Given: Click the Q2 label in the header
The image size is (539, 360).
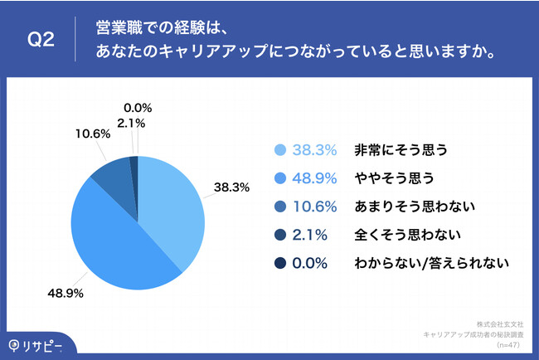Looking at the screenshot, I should pyautogui.click(x=41, y=40).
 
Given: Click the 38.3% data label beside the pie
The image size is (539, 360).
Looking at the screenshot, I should pyautogui.click(x=232, y=187).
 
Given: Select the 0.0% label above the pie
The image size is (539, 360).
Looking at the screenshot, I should pyautogui.click(x=138, y=107).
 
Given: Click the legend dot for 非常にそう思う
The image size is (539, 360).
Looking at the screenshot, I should pyautogui.click(x=279, y=150).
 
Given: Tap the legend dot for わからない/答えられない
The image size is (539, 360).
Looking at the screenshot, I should pyautogui.click(x=279, y=264).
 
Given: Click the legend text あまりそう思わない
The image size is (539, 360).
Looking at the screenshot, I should pyautogui.click(x=401, y=207).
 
